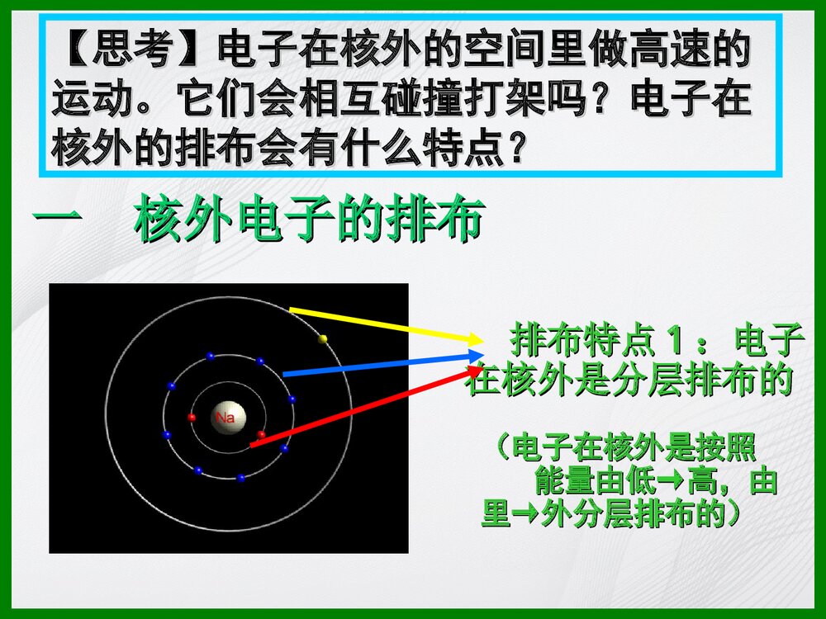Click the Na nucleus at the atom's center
point(225,418)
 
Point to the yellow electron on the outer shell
point(323,338)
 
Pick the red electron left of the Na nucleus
point(192,418)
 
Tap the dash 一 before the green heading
point(57,221)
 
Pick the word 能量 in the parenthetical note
point(560,480)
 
